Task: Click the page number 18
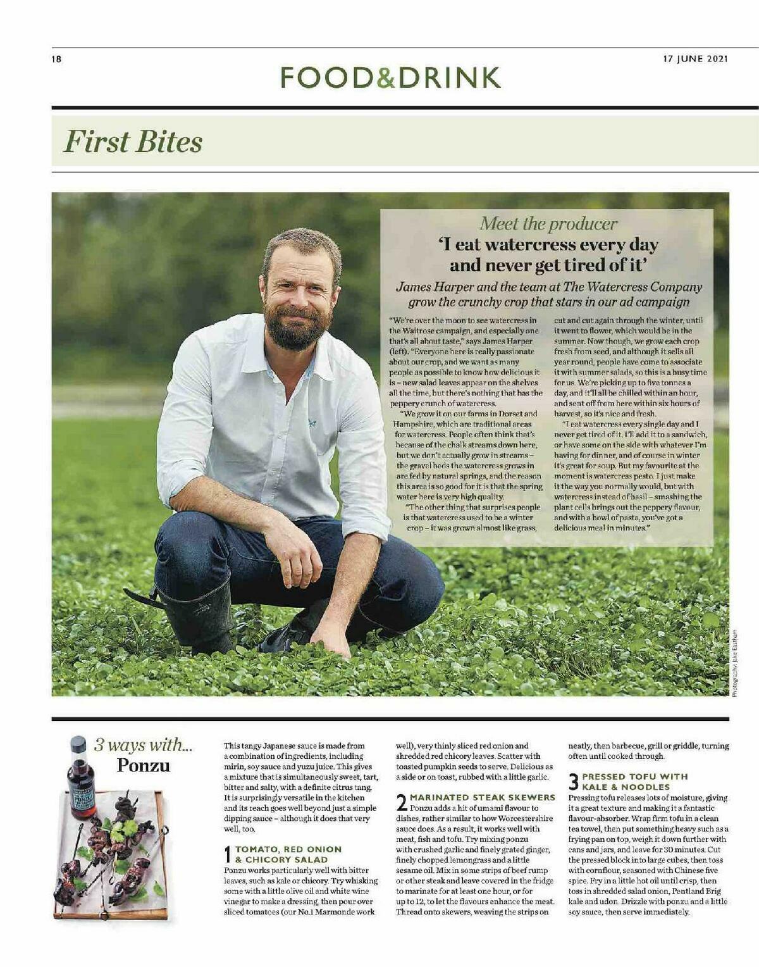56,59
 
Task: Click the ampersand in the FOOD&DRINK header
386,77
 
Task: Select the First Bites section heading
133,141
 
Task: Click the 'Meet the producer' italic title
548,223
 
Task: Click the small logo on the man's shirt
312,421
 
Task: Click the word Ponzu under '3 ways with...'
144,765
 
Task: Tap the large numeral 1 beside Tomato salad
228,854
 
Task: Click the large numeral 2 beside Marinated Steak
401,802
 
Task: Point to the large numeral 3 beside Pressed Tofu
574,782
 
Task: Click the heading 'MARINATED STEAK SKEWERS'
482,797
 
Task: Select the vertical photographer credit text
734,663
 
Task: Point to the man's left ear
336,278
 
